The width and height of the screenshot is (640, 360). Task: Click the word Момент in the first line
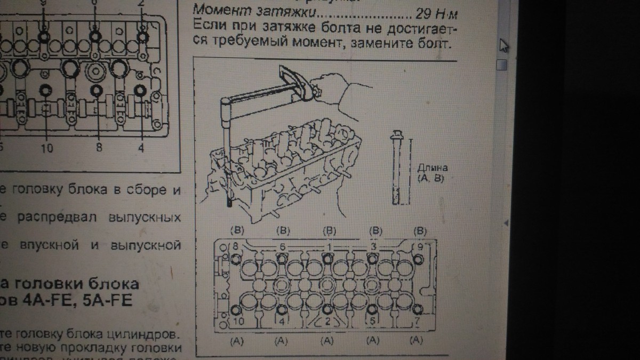(x=213, y=10)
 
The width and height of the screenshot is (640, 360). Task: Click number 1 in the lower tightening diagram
(x=329, y=247)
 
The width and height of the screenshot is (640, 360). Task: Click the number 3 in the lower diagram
(x=374, y=247)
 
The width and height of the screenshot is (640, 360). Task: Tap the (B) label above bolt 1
(x=329, y=231)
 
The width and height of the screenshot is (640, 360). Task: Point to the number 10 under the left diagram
(x=47, y=149)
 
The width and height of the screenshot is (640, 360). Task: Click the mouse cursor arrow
(x=503, y=46)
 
